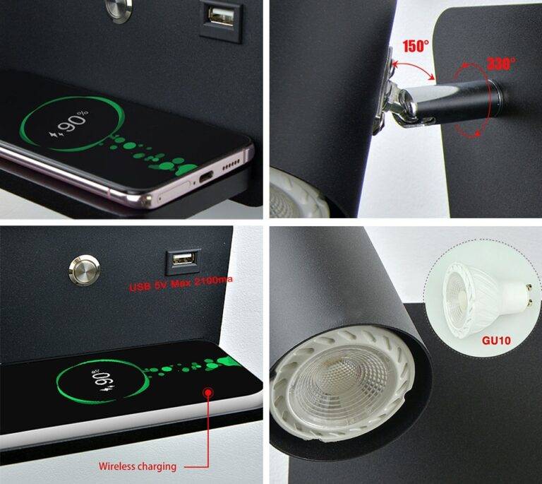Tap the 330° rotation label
point(501,63)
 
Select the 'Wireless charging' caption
point(137,466)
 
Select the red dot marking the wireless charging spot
point(208,392)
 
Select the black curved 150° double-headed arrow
point(416,71)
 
